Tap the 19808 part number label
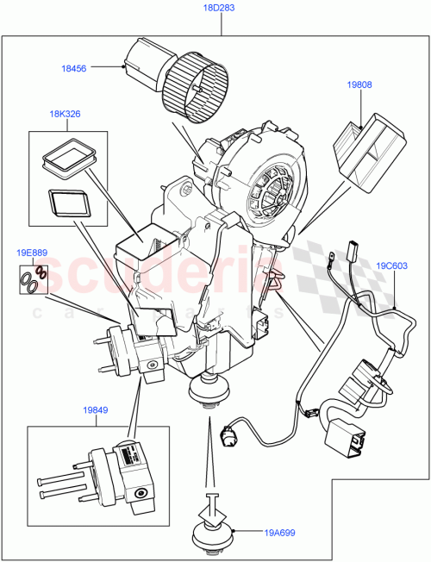361,85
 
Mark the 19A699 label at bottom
280,533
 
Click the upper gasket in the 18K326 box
66,155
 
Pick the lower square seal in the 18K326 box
67,203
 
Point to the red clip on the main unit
275,276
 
